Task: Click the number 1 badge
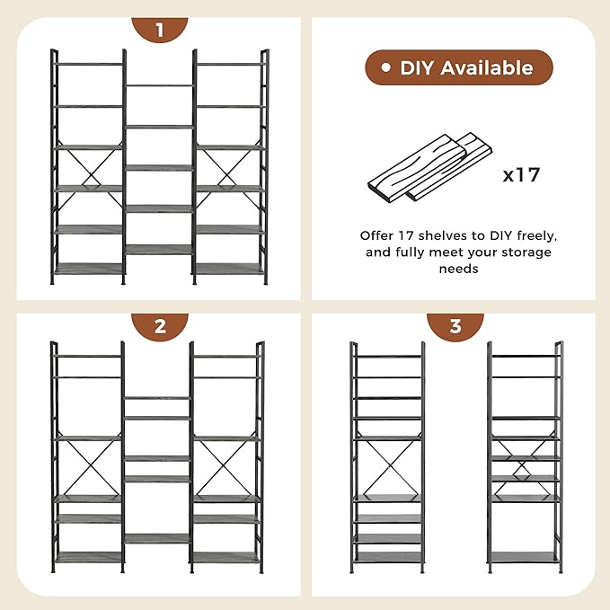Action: pyautogui.click(x=159, y=30)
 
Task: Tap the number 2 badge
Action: pyautogui.click(x=159, y=326)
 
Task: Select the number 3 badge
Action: pyautogui.click(x=455, y=326)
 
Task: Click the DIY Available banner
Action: pyautogui.click(x=458, y=68)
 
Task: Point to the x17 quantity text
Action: pyautogui.click(x=521, y=173)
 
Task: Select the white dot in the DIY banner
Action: pyautogui.click(x=385, y=68)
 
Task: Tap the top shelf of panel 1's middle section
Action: pyautogui.click(x=159, y=86)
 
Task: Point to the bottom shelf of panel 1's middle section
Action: pyautogui.click(x=159, y=249)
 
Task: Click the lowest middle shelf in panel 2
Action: pyautogui.click(x=157, y=538)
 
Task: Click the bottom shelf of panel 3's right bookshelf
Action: pyautogui.click(x=524, y=557)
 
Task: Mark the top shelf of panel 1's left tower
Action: pyautogui.click(x=89, y=65)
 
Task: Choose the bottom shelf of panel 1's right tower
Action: pyautogui.click(x=229, y=268)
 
